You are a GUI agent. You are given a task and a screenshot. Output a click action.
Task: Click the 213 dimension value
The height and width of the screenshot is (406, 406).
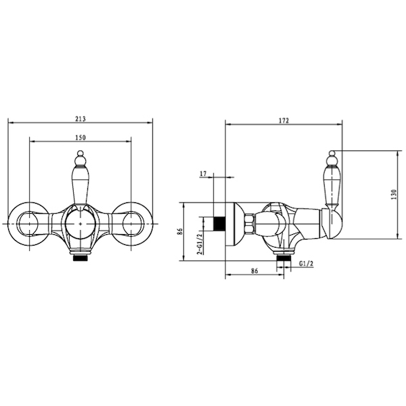(x=81, y=119)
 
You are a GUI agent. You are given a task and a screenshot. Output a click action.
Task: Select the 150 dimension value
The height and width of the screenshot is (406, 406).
(x=81, y=137)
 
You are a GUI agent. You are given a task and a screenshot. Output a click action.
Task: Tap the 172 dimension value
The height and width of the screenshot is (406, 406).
(x=284, y=120)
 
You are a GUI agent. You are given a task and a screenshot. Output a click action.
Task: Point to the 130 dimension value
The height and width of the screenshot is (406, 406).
(x=394, y=194)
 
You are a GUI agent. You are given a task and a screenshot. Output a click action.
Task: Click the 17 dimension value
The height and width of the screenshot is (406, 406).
(x=203, y=173)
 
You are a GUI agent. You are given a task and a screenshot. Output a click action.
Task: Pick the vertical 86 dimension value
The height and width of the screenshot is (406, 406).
(x=181, y=231)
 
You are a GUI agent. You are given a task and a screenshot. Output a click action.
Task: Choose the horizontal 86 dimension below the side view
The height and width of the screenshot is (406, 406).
(x=254, y=271)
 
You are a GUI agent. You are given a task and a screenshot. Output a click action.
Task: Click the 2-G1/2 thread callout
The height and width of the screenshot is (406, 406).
(x=200, y=244)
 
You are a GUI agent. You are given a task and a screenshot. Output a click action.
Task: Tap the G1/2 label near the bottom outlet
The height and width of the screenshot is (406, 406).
(x=306, y=264)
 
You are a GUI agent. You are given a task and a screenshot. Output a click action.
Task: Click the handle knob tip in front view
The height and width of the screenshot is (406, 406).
(x=81, y=154)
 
